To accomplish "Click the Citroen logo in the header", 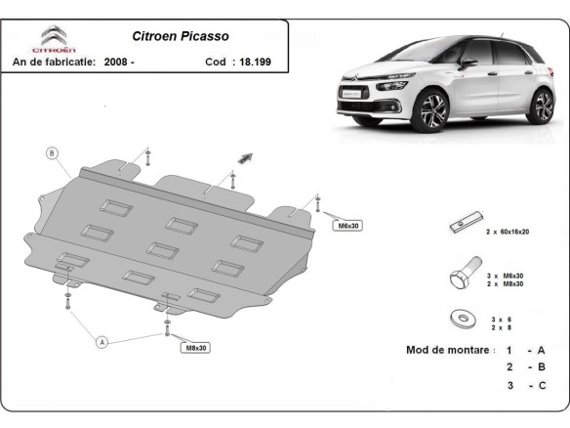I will coord(51,39).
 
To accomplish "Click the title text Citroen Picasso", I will coord(181,36).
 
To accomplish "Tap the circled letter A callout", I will coord(101,341).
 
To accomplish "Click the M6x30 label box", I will coord(348,226).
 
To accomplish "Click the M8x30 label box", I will coord(194,347).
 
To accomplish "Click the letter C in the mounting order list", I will coord(541,386).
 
